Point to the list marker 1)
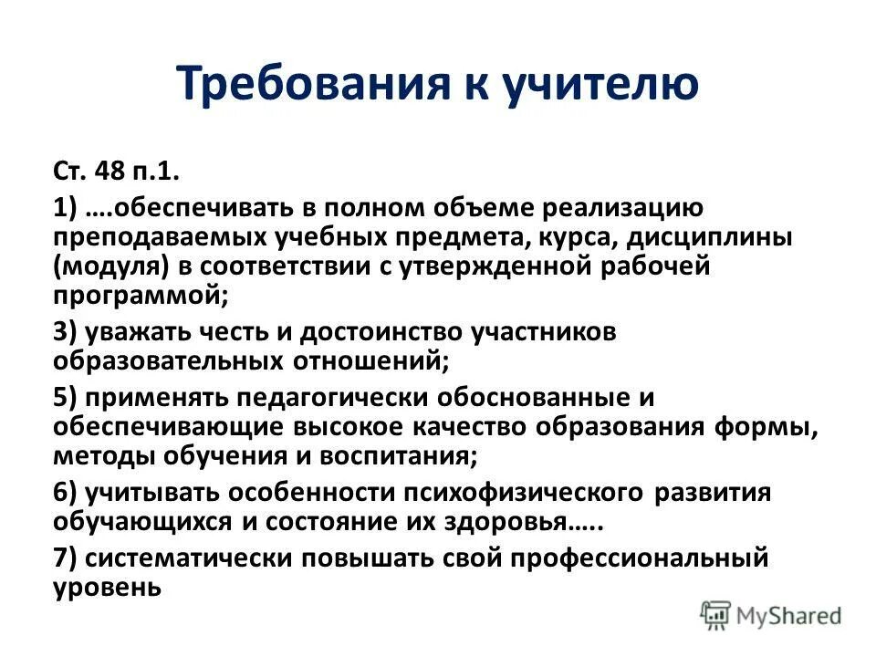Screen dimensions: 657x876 (x=67, y=209)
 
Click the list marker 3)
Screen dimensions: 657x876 (x=67, y=332)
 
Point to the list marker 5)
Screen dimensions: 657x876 (x=67, y=398)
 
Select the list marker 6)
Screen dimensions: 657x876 (x=67, y=493)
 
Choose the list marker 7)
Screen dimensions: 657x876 (x=67, y=558)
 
